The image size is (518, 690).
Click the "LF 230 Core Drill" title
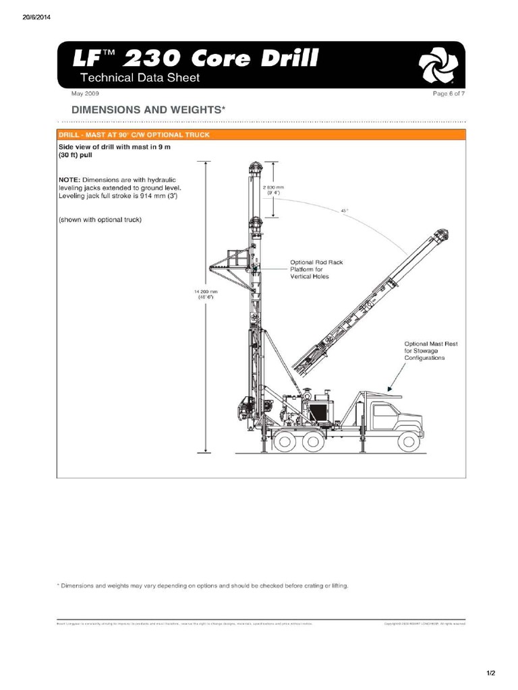pyautogui.click(x=196, y=58)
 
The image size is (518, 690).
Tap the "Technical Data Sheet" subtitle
pyautogui.click(x=140, y=78)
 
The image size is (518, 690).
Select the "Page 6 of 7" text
pyautogui.click(x=449, y=94)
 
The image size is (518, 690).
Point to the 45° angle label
pyautogui.click(x=344, y=211)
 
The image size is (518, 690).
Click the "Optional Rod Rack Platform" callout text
pyautogui.click(x=311, y=269)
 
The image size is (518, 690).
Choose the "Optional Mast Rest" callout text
pyautogui.click(x=430, y=350)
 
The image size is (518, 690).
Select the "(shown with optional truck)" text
pyautogui.click(x=100, y=220)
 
